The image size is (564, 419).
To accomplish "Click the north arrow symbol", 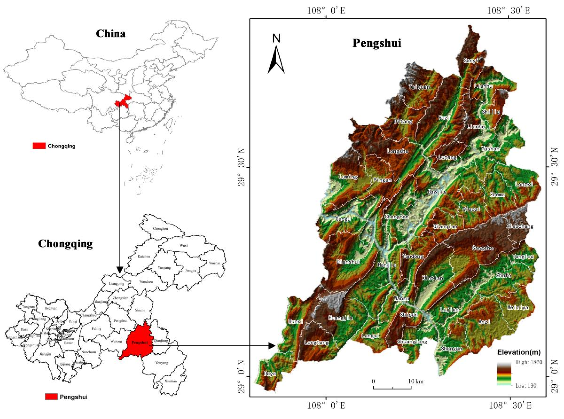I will click(276, 60).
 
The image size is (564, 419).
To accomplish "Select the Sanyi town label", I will click(471, 60).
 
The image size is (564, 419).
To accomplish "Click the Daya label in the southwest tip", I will click(270, 374).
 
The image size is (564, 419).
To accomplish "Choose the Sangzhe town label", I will click(482, 248).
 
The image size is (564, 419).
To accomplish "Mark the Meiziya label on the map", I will click(518, 307).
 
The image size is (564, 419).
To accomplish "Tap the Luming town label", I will click(348, 177).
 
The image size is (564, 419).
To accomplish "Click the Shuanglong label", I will click(412, 341).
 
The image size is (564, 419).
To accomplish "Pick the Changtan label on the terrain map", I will click(397, 217).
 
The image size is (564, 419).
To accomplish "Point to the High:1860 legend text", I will click(529, 362).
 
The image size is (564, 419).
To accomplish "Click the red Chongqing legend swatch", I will click(39, 146).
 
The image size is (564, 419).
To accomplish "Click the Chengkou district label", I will click(160, 228).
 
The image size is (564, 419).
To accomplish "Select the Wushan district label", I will click(215, 263).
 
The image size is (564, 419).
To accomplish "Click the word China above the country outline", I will click(111, 34).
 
